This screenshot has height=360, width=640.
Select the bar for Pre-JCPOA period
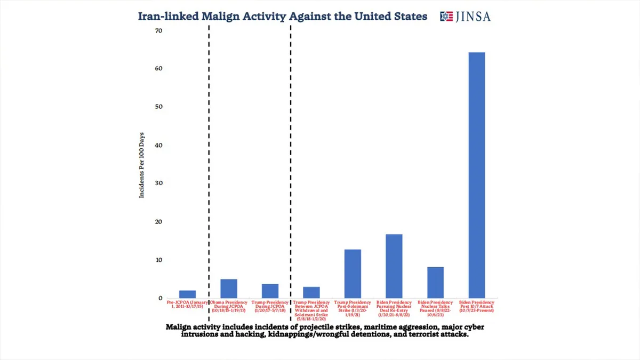(x=187, y=294)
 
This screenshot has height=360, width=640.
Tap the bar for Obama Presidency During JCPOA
(x=229, y=289)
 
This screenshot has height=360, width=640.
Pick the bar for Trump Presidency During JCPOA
(x=270, y=291)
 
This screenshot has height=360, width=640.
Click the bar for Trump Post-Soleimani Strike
(x=353, y=274)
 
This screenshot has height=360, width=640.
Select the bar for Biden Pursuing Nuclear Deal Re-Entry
(x=394, y=266)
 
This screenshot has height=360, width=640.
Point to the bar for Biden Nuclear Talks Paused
(x=435, y=282)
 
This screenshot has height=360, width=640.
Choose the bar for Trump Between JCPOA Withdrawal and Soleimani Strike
(x=311, y=292)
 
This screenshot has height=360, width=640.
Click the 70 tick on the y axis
(x=158, y=31)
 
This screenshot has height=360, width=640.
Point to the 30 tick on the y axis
(x=158, y=183)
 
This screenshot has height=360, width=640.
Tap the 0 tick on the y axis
(x=159, y=298)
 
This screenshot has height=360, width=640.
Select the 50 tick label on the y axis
(x=158, y=107)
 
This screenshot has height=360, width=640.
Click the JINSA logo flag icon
(x=446, y=17)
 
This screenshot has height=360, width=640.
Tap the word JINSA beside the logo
(x=473, y=17)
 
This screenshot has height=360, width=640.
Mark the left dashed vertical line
(x=209, y=160)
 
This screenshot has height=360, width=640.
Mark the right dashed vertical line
(x=291, y=160)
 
